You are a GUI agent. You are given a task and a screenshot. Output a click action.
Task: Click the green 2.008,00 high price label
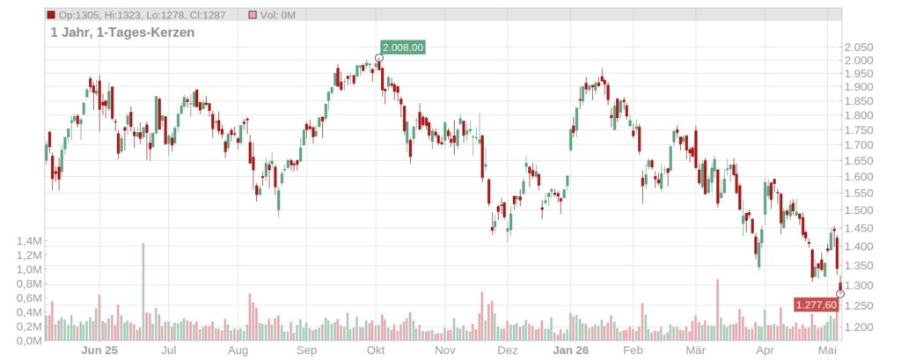[x=403, y=48]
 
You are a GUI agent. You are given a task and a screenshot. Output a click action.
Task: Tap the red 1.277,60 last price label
[x=816, y=305]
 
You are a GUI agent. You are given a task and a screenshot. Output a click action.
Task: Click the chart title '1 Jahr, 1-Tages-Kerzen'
[x=122, y=33]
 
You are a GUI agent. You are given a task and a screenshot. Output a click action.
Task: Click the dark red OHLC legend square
[x=51, y=15]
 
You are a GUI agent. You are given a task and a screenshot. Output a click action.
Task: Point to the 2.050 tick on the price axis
[x=858, y=48]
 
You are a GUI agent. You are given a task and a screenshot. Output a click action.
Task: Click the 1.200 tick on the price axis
[x=858, y=327]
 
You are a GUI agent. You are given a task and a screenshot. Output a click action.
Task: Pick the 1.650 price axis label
[x=858, y=160]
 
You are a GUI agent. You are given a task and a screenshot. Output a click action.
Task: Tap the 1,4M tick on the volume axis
[x=29, y=241]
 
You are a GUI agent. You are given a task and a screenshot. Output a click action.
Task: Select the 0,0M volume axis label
[x=29, y=341]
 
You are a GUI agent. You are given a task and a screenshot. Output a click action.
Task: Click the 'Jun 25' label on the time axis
[x=99, y=350]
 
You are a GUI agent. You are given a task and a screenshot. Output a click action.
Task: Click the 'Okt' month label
[x=376, y=350]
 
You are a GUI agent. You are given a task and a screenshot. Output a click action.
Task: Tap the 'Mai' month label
[x=827, y=350]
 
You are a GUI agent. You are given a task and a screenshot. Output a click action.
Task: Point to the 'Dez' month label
[x=508, y=350]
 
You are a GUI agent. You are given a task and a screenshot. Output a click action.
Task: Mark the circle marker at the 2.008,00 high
[x=378, y=58]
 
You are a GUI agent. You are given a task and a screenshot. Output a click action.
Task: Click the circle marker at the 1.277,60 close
[x=840, y=294]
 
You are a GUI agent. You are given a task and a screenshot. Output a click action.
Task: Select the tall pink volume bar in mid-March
[x=717, y=310]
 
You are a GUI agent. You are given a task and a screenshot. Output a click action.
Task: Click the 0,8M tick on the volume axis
[x=29, y=284]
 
